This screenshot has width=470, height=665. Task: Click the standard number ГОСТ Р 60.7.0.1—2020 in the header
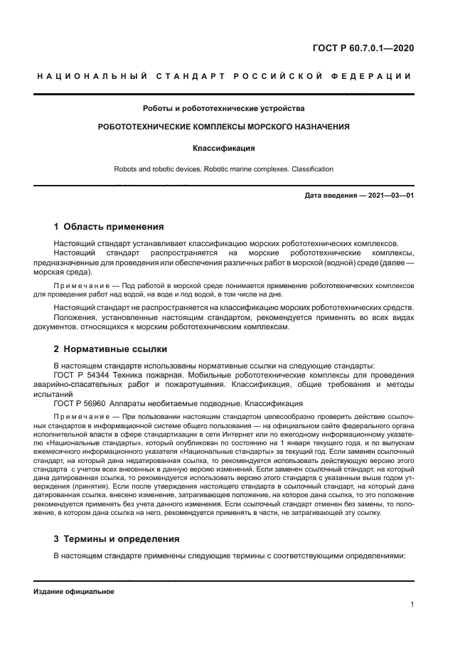pos(363,48)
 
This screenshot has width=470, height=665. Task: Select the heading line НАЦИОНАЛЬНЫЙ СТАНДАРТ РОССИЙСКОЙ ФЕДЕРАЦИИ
pos(223,76)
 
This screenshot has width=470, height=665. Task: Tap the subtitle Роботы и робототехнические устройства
pos(223,109)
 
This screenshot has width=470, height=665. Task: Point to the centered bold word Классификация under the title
pos(223,149)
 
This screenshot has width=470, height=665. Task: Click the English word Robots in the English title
pos(126,169)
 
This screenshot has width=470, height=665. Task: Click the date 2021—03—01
pos(390,195)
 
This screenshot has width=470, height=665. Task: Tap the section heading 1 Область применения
pos(109,228)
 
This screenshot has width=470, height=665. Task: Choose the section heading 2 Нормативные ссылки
pos(110,349)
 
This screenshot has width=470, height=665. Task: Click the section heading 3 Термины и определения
pos(117,538)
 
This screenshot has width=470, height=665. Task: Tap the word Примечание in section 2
pos(78,417)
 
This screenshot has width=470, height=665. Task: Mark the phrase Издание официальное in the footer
pos(74,592)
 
